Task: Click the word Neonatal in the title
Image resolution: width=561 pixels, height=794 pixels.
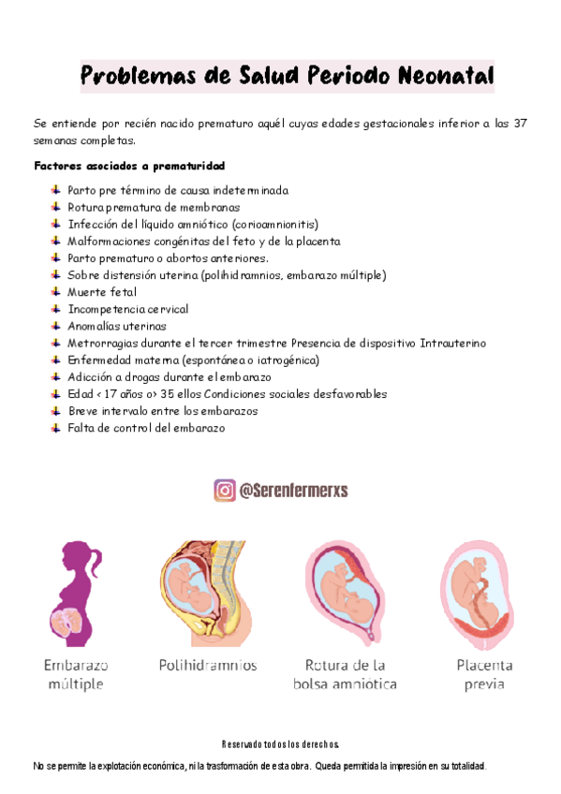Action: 436,75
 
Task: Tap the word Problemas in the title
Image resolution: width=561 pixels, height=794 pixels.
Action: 130,75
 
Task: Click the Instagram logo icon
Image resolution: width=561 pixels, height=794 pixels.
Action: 225,490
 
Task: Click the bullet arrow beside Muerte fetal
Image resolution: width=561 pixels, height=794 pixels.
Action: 57,292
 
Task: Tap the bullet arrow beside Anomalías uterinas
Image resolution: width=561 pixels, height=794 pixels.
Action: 57,326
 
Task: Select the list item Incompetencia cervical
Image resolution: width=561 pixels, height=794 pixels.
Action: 128,309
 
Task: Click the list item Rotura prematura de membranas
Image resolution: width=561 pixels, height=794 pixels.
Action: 154,207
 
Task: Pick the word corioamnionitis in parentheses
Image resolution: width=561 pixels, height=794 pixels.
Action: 273,224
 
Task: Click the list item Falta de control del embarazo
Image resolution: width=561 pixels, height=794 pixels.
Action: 146,428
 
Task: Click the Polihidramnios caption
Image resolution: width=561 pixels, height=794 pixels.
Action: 208,666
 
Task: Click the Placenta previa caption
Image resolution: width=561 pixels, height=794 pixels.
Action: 484,674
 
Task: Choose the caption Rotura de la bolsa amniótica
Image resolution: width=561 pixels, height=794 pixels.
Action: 345,674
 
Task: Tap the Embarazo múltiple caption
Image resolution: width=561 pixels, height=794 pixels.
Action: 76,674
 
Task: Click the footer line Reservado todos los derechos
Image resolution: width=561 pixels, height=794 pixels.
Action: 280,744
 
